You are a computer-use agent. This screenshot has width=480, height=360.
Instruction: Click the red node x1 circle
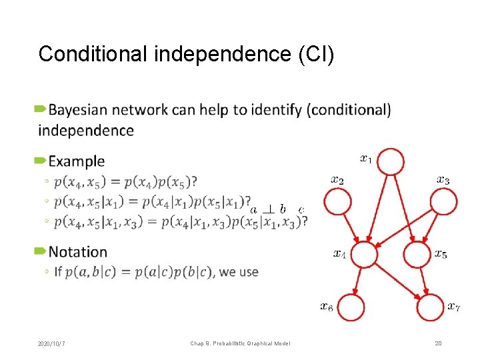[391, 161]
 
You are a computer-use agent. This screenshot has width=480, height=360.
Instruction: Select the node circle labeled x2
[338, 201]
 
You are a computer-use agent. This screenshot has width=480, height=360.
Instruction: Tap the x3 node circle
[444, 201]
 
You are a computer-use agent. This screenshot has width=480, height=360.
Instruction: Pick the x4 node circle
[364, 255]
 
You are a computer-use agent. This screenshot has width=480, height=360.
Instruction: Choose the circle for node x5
[418, 255]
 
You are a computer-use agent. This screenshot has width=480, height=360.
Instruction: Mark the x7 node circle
[431, 308]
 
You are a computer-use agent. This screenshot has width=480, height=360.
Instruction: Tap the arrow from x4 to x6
[358, 281]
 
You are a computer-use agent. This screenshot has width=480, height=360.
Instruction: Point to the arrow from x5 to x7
[424, 281]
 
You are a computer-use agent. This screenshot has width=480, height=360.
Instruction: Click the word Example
[77, 161]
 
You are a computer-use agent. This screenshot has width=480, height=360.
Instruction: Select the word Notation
[78, 252]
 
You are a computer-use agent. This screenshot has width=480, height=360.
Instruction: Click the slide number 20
[438, 343]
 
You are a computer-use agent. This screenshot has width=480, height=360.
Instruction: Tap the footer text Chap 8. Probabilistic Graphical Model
[240, 343]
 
